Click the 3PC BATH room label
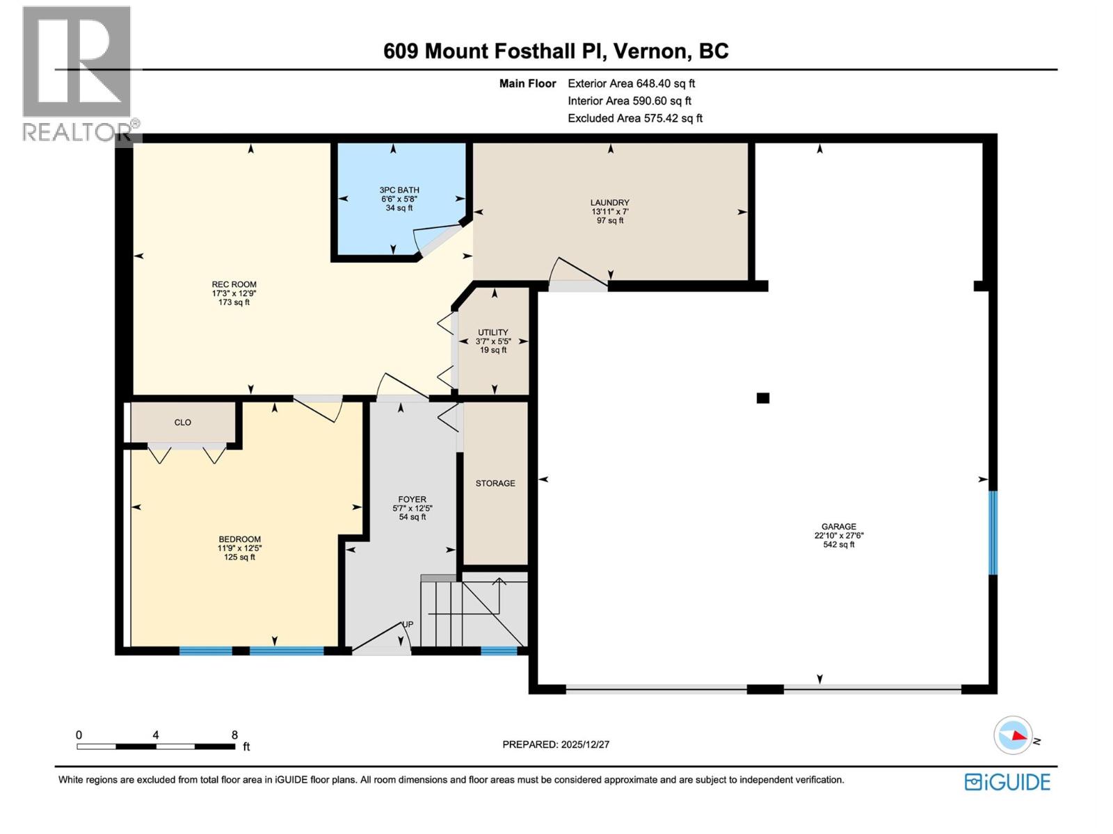pos(399,190)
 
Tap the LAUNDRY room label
pos(610,203)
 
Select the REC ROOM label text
pos(234,284)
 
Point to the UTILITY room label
pos(493,332)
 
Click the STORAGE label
pos(495,483)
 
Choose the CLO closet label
pos(182,423)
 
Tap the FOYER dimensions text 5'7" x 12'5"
pos(412,508)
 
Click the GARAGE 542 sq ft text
pos(838,545)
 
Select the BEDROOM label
pos(239,539)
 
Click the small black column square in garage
pos(763,398)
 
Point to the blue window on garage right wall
pos(993,533)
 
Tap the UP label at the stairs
pos(408,624)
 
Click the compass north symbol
pos(1014,735)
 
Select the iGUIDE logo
pos(1007,782)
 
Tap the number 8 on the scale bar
pos(234,735)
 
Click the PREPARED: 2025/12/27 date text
pos(556,744)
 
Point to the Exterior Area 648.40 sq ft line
pos(631,83)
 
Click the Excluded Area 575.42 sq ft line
pos(634,118)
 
